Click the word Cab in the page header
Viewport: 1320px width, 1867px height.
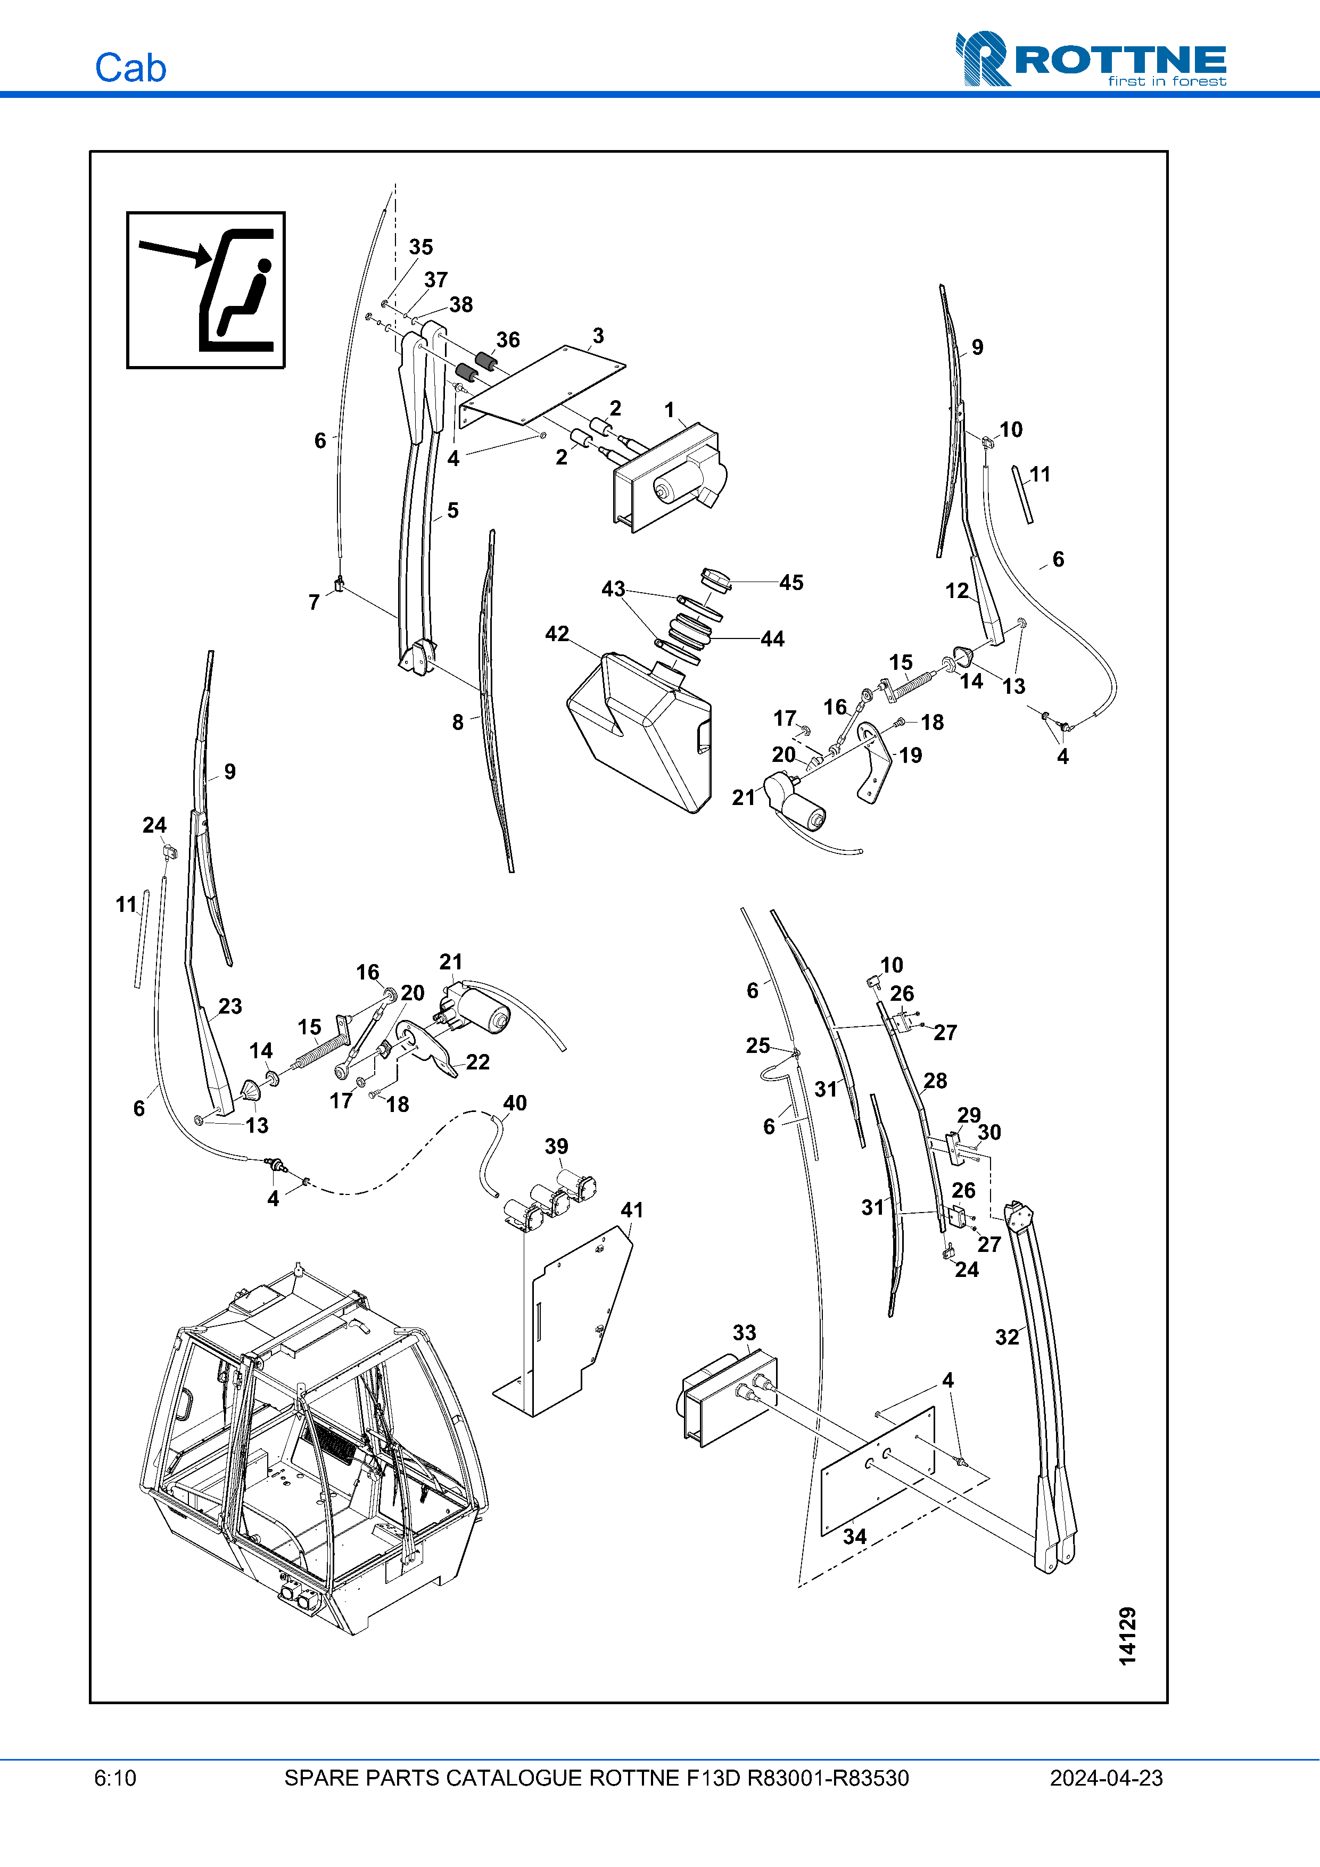tap(130, 68)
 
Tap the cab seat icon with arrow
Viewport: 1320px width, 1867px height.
tap(206, 291)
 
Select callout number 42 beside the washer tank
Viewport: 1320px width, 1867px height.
tap(557, 634)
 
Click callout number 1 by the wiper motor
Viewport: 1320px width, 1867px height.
tap(670, 409)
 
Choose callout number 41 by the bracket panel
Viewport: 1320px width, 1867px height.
tap(631, 1209)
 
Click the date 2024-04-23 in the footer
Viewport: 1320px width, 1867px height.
tap(1105, 1778)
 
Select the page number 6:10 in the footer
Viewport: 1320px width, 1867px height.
tap(115, 1778)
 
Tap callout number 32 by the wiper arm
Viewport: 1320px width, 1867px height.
tap(1007, 1337)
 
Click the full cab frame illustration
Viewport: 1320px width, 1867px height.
tap(313, 1447)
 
